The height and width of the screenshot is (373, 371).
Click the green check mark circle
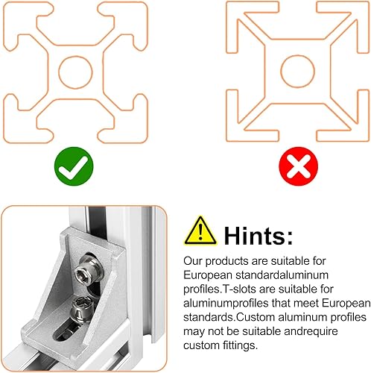click(x=74, y=166)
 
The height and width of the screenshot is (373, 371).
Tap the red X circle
click(x=298, y=166)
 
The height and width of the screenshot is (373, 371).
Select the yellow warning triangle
click(x=200, y=231)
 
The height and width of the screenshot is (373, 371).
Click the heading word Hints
click(x=259, y=236)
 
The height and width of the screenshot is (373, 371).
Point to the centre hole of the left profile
click(x=75, y=72)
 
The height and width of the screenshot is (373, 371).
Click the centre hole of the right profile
click(x=297, y=72)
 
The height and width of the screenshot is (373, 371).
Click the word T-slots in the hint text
click(x=239, y=289)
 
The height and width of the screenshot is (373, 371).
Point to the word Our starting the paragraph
click(x=193, y=261)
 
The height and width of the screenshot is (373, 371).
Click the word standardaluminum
click(x=282, y=275)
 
